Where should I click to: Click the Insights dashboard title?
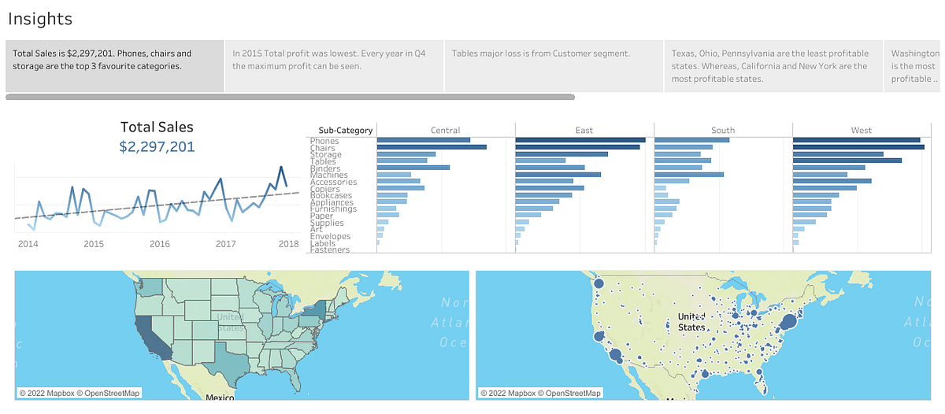point(39,19)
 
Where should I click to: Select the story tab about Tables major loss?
point(540,54)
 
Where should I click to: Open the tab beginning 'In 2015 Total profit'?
point(329,60)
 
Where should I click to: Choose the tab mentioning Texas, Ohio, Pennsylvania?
point(769,66)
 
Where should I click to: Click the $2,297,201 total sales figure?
point(157,147)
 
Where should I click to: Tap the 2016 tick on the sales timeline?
point(160,244)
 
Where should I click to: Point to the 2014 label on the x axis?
point(28,244)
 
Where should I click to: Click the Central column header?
point(445,130)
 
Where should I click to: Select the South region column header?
point(722,130)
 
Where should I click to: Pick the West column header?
point(861,130)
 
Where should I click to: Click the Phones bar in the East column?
point(580,140)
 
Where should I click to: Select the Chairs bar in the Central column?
point(431,147)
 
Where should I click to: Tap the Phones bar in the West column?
point(856,140)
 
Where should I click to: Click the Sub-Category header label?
point(345,131)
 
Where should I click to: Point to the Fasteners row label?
point(330,250)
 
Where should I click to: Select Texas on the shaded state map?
point(232,359)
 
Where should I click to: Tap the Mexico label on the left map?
point(220,397)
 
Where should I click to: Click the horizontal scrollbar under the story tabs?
point(290,98)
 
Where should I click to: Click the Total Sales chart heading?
point(157,127)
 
